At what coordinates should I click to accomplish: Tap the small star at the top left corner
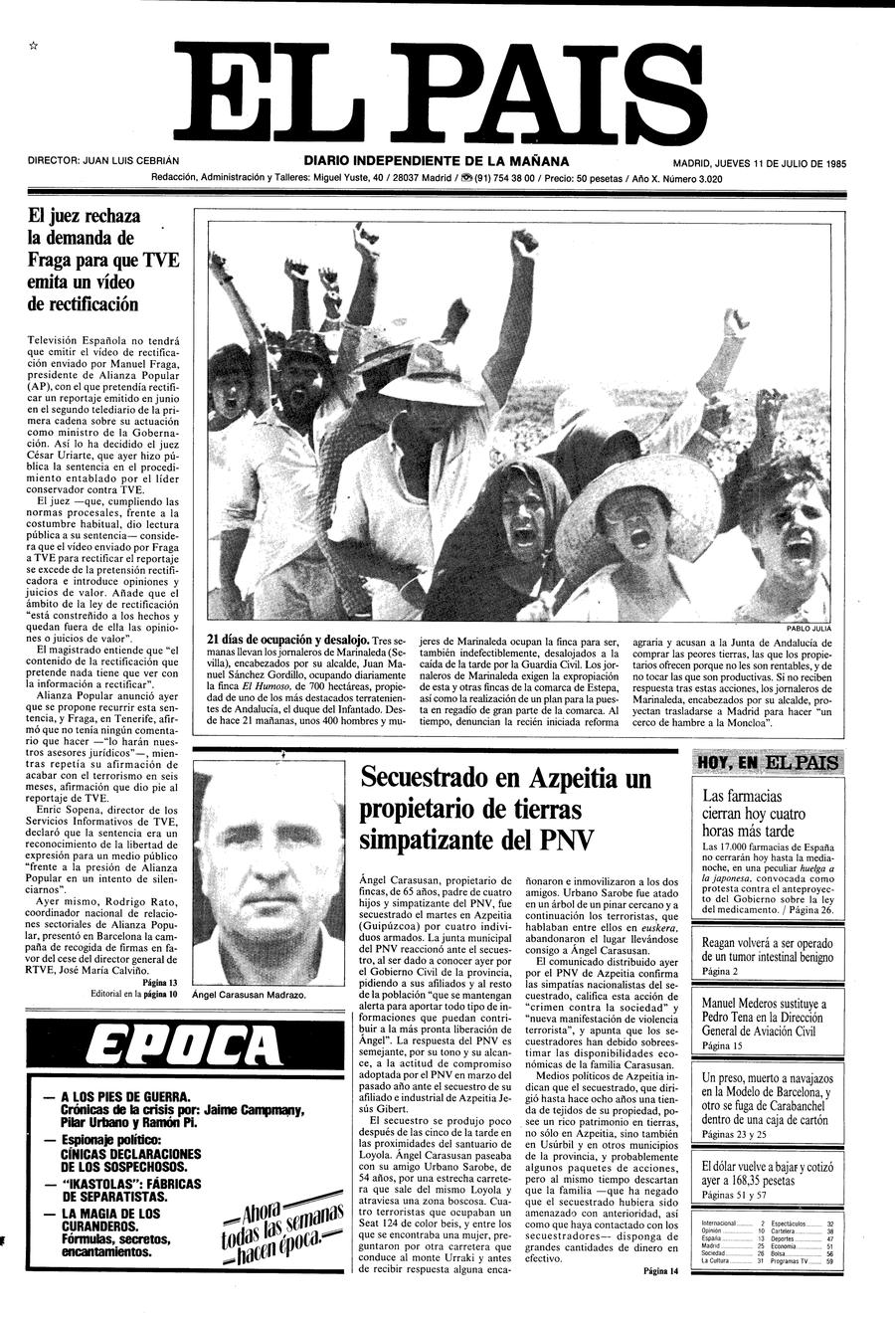click(34, 45)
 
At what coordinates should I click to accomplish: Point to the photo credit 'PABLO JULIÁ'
click(807, 629)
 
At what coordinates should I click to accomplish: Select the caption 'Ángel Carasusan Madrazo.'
click(249, 995)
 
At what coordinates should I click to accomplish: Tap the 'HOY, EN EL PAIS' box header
click(768, 764)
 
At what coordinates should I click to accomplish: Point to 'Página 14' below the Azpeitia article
click(660, 1270)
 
